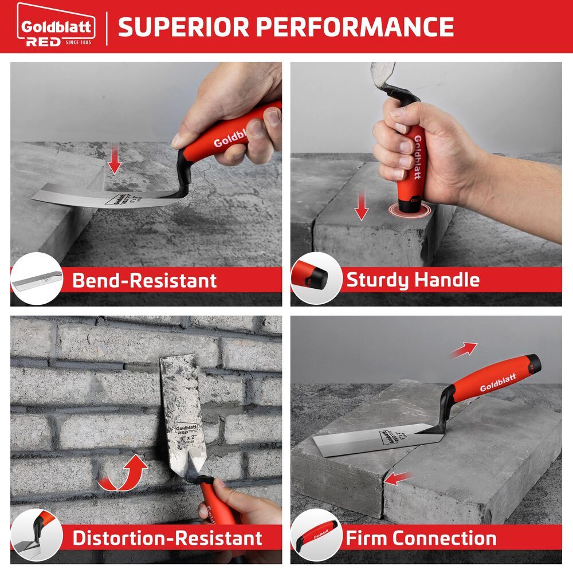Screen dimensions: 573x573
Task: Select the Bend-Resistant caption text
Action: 144,280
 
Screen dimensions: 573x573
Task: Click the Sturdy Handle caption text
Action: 413,280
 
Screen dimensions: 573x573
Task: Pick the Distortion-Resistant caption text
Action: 167,538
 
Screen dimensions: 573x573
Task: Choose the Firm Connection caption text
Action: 421,538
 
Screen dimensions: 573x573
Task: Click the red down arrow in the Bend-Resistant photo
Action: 115,161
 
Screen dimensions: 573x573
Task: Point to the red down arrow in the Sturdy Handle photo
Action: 360,207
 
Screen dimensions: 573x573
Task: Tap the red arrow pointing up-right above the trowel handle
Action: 463,350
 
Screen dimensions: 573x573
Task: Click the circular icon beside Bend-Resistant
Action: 36,279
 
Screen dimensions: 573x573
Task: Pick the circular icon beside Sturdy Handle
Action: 316,279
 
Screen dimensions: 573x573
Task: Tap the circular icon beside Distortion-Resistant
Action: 36,536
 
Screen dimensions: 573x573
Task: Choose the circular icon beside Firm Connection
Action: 316,536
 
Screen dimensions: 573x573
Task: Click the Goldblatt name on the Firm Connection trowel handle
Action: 497,383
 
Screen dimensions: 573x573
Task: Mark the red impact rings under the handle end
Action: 408,208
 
